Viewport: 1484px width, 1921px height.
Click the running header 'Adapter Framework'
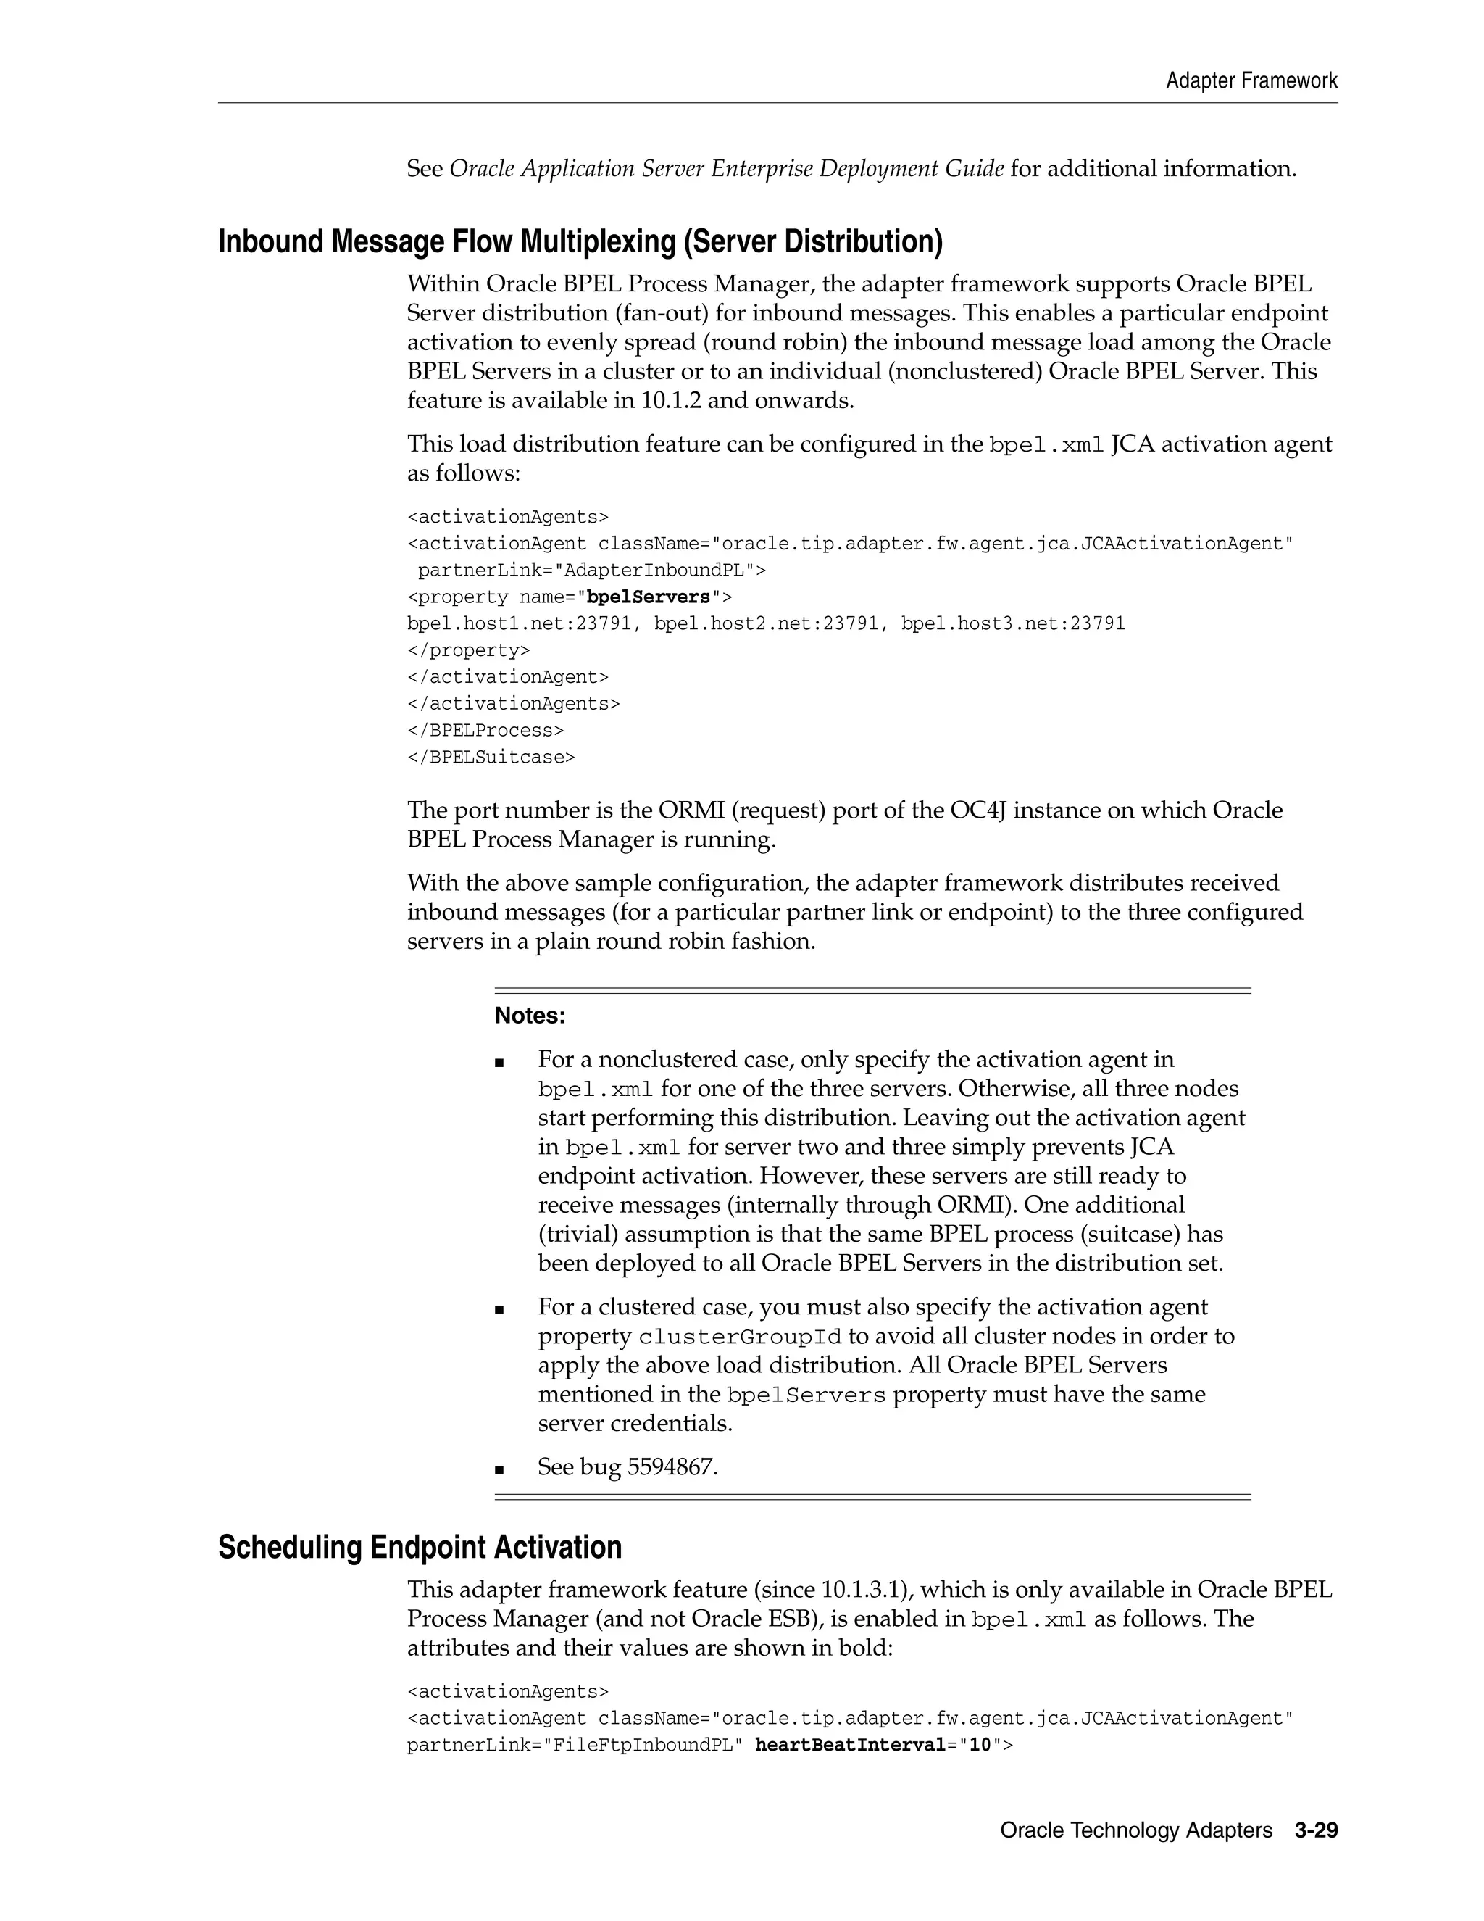(1251, 81)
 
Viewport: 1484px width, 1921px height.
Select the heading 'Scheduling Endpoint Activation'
(420, 1547)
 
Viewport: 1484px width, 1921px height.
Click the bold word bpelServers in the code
(648, 597)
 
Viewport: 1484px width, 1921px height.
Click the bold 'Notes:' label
(530, 1016)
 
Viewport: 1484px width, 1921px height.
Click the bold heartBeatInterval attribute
(849, 1744)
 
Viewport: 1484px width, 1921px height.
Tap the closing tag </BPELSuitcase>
(491, 758)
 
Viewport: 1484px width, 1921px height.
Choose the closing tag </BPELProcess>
(485, 730)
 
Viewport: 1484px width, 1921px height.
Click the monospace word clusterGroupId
(739, 1337)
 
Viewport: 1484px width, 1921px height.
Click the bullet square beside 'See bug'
(499, 1469)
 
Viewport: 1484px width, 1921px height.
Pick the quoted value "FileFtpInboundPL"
(652, 1744)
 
